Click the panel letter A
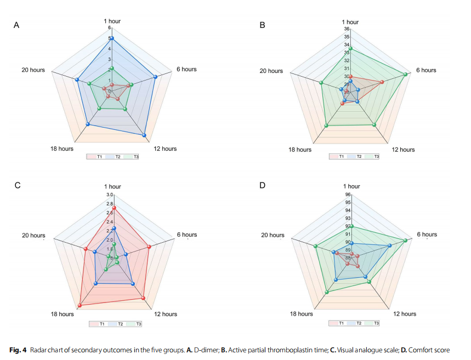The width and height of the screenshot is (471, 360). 16,25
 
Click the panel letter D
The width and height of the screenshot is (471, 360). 262,185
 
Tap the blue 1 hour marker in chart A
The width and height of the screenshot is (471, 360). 111,38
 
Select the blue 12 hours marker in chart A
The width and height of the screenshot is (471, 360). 144,135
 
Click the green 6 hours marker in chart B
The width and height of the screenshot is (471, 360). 406,75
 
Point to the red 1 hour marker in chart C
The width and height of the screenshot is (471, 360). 114,208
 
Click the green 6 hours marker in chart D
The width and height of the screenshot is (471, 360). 406,241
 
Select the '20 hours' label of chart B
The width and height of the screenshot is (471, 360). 271,71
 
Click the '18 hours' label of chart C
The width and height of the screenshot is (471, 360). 62,314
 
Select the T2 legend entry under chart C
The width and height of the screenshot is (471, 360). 117,324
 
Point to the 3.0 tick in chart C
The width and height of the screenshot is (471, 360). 109,195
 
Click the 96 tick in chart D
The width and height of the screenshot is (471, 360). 347,195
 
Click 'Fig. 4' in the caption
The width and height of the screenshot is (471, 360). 18,350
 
